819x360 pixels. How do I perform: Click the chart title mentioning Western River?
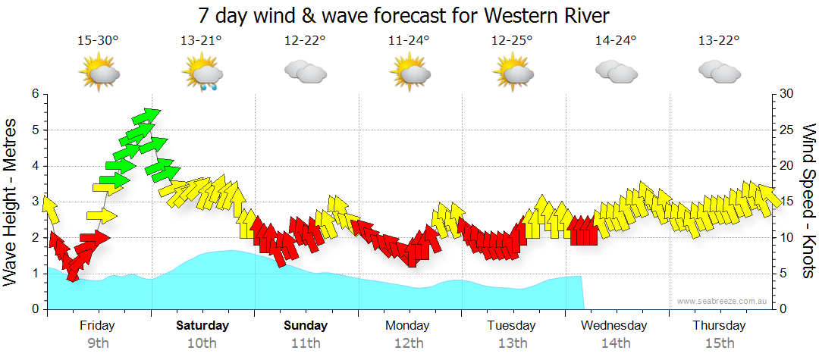403,15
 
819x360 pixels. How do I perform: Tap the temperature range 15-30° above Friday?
98,40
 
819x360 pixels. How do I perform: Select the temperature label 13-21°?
201,40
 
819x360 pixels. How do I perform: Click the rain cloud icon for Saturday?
202,74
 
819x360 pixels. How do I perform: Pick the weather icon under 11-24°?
409,73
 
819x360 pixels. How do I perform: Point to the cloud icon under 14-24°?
616,72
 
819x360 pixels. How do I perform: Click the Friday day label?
98,326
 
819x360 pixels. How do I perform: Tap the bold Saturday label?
202,326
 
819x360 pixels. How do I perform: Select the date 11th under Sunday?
306,343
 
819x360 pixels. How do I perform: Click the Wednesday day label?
614,326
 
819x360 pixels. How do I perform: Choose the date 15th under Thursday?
719,343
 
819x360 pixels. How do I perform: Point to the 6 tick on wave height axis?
34,94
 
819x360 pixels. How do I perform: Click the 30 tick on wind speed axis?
787,94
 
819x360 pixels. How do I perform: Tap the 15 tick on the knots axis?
787,202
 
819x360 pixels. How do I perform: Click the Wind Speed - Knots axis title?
808,201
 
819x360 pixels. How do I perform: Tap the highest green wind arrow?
146,116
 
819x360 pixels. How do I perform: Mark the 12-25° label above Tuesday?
512,40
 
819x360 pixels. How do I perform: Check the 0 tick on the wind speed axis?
783,309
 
